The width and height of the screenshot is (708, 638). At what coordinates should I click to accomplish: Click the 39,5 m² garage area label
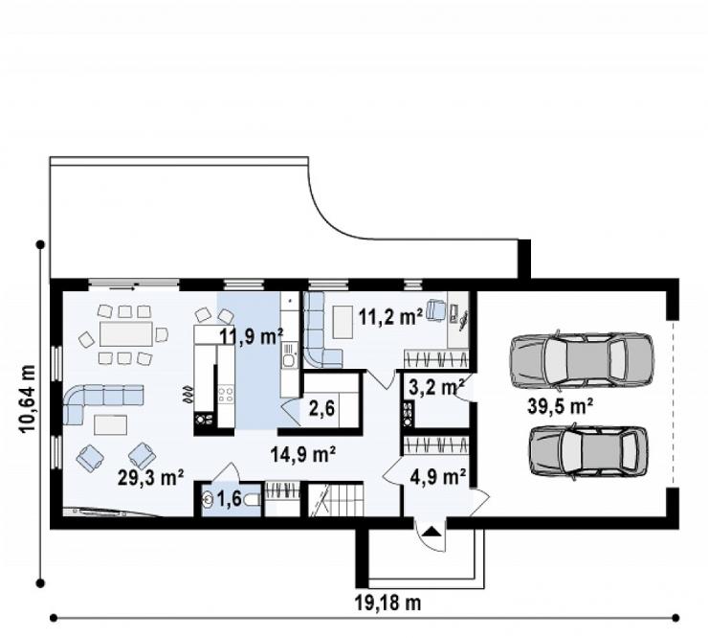pyautogui.click(x=560, y=406)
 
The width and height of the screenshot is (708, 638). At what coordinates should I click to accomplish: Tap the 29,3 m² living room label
pyautogui.click(x=150, y=477)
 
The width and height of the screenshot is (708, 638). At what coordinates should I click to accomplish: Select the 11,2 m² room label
pyautogui.click(x=391, y=316)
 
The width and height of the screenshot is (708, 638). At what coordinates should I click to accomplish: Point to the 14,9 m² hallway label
pyautogui.click(x=303, y=454)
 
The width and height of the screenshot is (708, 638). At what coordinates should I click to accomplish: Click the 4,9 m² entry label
pyautogui.click(x=438, y=476)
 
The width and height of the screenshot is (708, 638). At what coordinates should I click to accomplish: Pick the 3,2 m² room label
pyautogui.click(x=436, y=387)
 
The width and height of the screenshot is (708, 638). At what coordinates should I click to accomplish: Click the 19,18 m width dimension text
pyautogui.click(x=387, y=603)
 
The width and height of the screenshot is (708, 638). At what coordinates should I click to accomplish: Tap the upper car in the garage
pyautogui.click(x=582, y=360)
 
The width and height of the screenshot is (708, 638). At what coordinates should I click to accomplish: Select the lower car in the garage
pyautogui.click(x=588, y=451)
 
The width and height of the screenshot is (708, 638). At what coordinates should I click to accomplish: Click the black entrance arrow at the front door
pyautogui.click(x=432, y=532)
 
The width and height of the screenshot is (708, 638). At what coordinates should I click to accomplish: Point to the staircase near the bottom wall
pyautogui.click(x=336, y=500)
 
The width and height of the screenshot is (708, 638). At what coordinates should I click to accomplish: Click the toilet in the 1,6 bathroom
pyautogui.click(x=252, y=500)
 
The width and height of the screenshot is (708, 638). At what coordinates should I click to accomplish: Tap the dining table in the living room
pyautogui.click(x=126, y=334)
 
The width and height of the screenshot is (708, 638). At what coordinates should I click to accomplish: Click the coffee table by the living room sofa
pyautogui.click(x=110, y=425)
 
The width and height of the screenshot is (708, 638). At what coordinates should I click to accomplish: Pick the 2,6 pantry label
pyautogui.click(x=321, y=409)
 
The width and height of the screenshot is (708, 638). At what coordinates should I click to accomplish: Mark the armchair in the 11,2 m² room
pyautogui.click(x=435, y=309)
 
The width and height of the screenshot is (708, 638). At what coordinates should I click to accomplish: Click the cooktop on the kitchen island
pyautogui.click(x=226, y=395)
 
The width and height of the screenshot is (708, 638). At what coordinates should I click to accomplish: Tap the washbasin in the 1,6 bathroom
pyautogui.click(x=209, y=500)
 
